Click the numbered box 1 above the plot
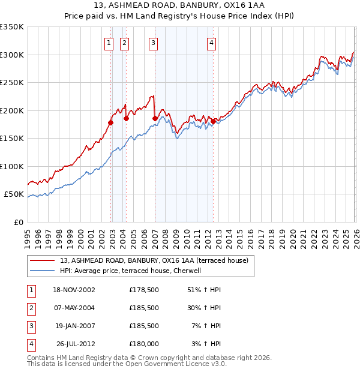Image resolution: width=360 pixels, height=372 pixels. coord(109,43)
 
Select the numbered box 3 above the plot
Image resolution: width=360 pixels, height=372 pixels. coord(154,43)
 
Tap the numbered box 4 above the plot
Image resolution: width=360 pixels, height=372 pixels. coord(212,43)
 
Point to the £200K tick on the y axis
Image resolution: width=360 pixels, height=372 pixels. coord(12,110)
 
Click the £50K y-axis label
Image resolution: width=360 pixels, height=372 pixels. coord(14,194)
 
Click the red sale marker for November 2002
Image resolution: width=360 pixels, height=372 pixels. coord(111,122)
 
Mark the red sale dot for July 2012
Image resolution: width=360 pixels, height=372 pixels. coord(213,122)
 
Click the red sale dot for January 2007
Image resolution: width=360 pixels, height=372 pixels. coord(155,119)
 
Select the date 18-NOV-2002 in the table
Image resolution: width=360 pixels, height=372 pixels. coord(74,290)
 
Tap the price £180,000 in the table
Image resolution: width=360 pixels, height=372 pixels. coord(143,344)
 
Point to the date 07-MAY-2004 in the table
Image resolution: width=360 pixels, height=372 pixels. coord(74,308)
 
